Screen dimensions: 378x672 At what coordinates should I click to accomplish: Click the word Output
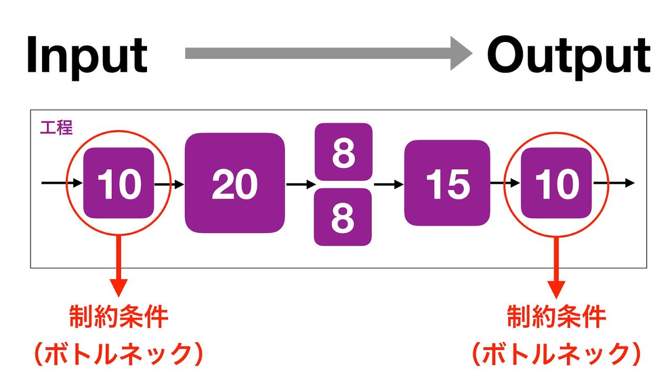point(569,55)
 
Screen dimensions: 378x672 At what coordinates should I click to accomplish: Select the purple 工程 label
point(56,127)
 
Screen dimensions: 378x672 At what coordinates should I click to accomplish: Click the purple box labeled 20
point(234,183)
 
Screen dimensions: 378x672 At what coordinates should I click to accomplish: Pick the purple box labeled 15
point(447,183)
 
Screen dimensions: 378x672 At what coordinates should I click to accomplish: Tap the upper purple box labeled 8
point(343,152)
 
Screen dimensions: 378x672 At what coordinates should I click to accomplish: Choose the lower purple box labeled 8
point(343,217)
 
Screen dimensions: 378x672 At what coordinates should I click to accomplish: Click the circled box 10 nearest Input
point(119,183)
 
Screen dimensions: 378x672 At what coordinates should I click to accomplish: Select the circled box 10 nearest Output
point(556,183)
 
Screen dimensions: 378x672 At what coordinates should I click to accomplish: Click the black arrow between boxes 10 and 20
point(169,184)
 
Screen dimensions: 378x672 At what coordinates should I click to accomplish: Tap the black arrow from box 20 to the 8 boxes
point(300,184)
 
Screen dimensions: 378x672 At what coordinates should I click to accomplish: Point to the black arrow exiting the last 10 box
point(614,183)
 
